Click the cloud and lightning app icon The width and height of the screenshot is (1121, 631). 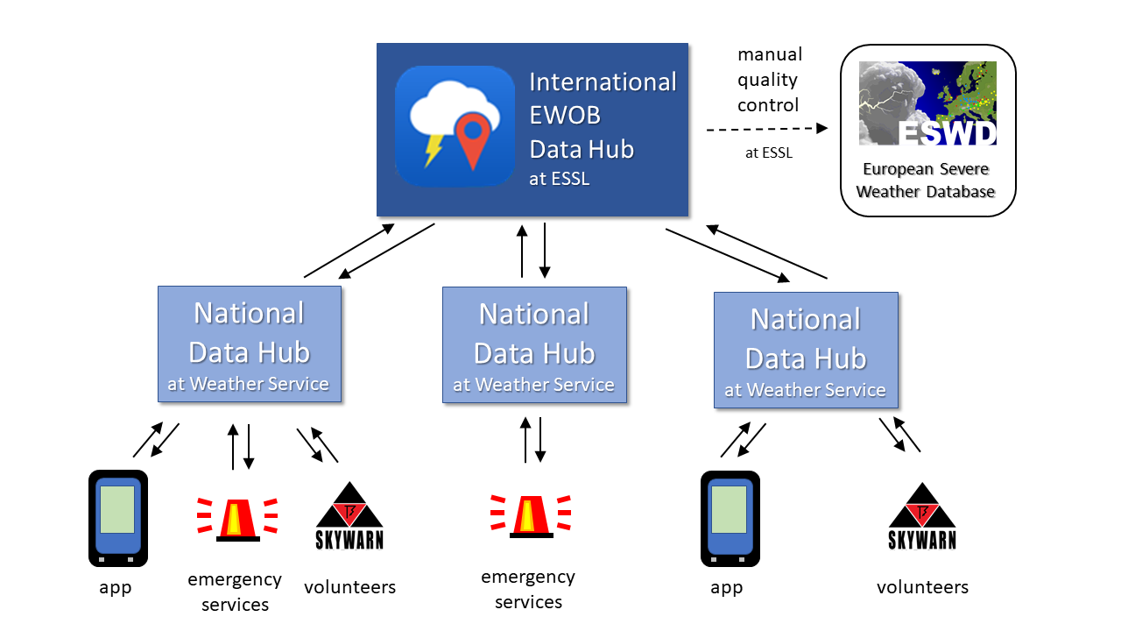tap(455, 125)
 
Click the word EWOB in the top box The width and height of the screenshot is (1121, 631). tap(565, 116)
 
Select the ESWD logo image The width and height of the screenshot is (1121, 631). tap(927, 103)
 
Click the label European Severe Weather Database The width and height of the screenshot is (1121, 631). tap(926, 181)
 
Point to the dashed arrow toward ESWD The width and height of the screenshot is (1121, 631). tap(766, 128)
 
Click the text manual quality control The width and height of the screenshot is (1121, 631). tap(769, 80)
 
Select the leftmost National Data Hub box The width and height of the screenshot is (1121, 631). tap(250, 344)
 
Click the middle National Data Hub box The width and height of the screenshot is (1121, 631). tap(534, 345)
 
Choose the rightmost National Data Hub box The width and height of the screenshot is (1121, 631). tap(806, 351)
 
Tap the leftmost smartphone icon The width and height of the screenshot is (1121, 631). tap(117, 518)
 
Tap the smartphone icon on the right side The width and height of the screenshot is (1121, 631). tap(730, 519)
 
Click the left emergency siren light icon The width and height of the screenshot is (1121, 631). tap(237, 517)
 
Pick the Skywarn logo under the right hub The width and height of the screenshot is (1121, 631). tap(922, 516)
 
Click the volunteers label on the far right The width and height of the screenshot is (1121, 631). tap(922, 587)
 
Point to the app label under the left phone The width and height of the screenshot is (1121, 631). tap(116, 587)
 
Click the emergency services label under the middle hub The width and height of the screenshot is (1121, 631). tap(528, 589)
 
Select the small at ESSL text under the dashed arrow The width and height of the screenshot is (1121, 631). tap(768, 152)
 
